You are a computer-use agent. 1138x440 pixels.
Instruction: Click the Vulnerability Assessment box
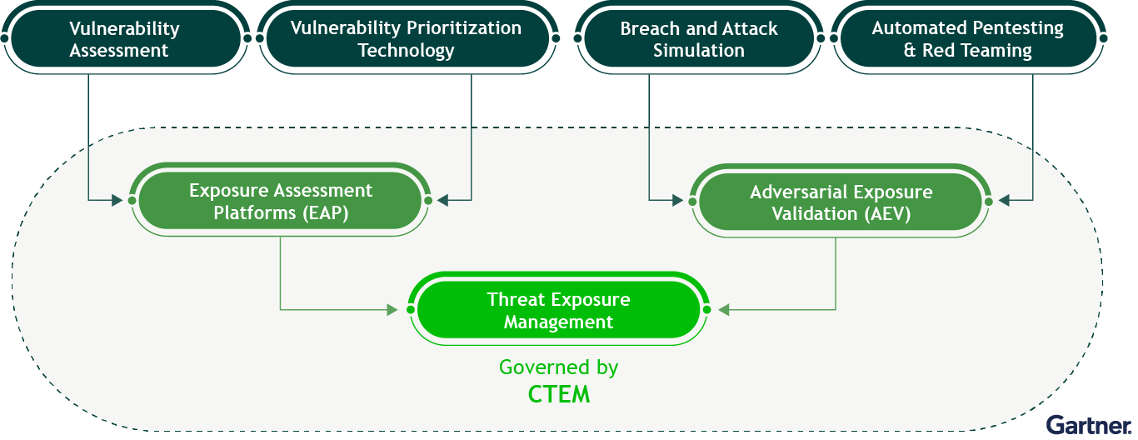click(125, 38)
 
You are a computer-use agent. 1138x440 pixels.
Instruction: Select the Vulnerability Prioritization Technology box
click(407, 38)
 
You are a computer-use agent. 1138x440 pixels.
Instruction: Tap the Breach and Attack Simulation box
click(699, 38)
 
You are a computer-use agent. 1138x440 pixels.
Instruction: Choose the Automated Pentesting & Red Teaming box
click(968, 38)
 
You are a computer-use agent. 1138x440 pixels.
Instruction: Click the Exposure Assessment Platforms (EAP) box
click(281, 200)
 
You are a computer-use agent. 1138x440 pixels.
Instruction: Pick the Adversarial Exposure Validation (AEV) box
click(841, 202)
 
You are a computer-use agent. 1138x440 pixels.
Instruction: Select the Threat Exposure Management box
click(558, 309)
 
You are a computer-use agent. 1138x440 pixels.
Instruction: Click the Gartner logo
click(1088, 425)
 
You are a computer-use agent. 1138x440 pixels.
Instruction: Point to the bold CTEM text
click(559, 394)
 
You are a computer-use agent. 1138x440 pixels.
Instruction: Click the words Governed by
click(558, 367)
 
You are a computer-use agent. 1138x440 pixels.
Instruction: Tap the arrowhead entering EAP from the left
click(117, 200)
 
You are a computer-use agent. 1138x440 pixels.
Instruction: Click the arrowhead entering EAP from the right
click(442, 200)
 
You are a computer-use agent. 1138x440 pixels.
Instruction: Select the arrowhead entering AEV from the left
click(678, 201)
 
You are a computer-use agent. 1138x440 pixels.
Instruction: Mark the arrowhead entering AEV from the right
click(1004, 201)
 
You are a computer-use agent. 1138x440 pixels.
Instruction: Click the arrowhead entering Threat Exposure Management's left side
click(392, 309)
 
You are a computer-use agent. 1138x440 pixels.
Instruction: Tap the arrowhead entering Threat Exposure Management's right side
click(724, 309)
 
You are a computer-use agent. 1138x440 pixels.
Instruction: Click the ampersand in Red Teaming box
click(910, 50)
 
